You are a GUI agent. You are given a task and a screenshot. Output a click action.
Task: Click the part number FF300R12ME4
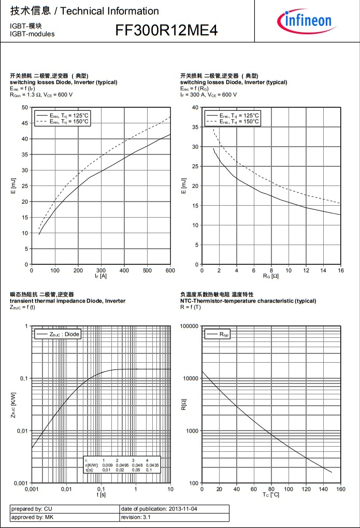point(166,31)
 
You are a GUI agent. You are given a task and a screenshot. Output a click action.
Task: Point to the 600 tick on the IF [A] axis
point(170,270)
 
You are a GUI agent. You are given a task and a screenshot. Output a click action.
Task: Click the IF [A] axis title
point(101,276)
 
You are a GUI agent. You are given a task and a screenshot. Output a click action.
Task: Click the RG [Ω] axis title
point(271,276)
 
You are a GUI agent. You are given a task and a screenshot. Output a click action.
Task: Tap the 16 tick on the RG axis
point(341,270)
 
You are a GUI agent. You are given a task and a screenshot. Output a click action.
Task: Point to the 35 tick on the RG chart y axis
point(195,127)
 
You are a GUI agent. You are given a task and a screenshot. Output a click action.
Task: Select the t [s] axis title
point(101,495)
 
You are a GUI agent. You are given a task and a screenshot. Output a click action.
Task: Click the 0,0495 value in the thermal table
point(121,465)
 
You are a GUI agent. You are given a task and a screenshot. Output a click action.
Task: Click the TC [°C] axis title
point(271,495)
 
